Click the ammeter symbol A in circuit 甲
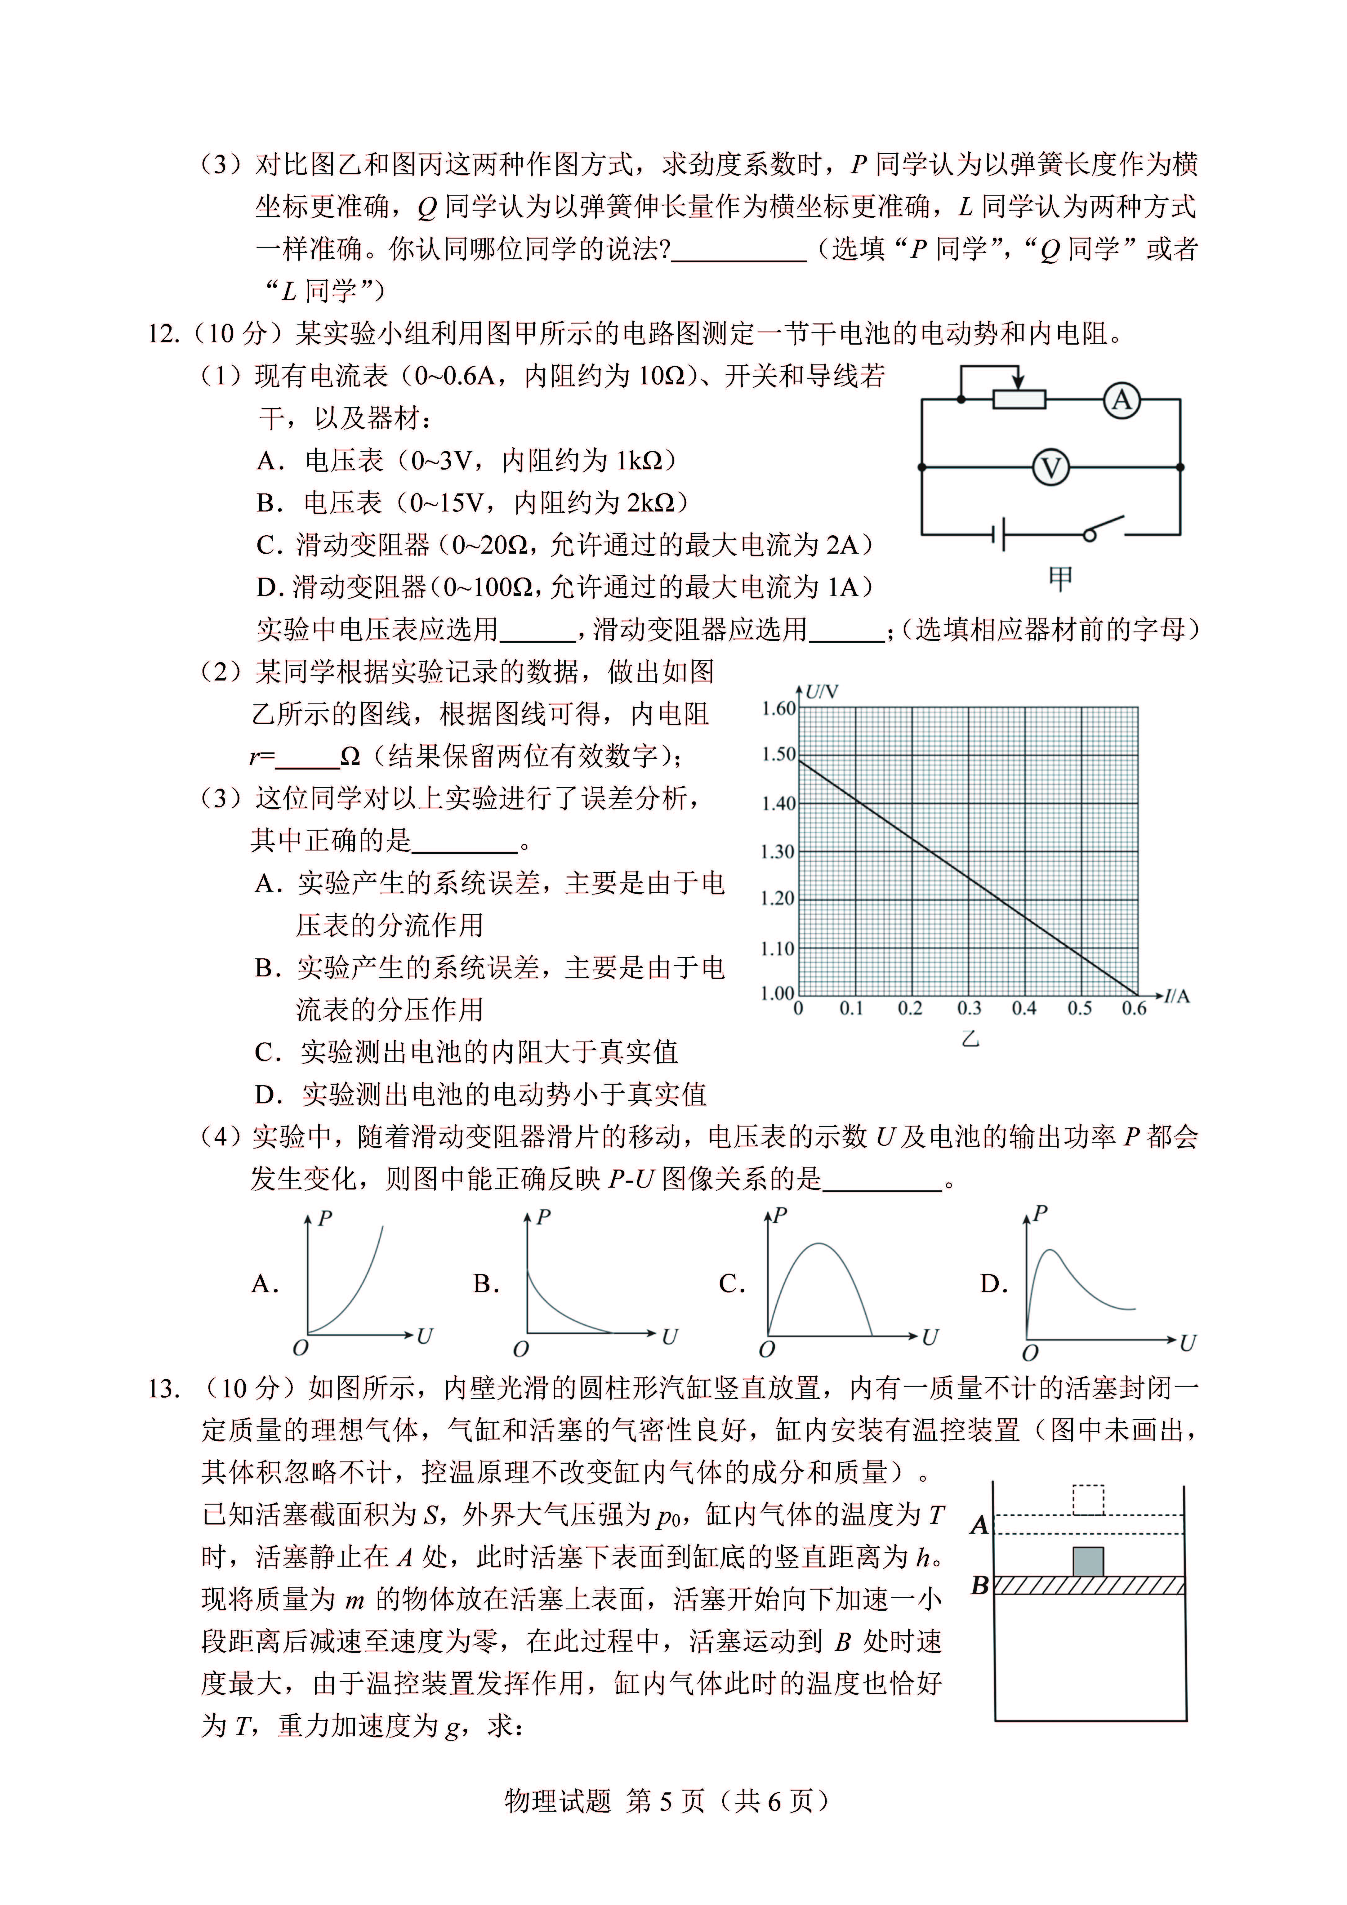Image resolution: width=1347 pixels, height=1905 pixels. pos(1121,401)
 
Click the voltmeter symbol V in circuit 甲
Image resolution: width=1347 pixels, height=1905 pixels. pos(1051,468)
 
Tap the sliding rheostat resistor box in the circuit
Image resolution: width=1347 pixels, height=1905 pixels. pos(1019,400)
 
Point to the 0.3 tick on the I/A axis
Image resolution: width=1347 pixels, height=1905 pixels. pos(969,1009)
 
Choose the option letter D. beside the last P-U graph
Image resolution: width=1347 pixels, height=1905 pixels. pos(993,1284)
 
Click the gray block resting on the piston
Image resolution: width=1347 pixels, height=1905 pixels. pos(1088,1562)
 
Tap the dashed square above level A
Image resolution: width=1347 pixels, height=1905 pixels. pos(1088,1499)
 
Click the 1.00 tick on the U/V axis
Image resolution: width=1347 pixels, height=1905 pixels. pos(778,993)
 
